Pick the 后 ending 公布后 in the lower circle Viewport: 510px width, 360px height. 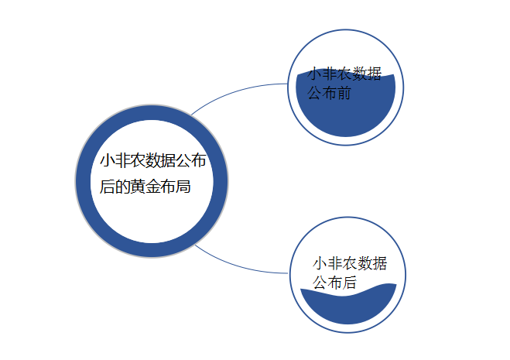[349, 283]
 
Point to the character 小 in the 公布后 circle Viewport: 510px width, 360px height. [320, 263]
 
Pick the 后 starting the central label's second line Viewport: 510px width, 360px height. [108, 187]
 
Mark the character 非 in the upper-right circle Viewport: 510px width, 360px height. [330, 74]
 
